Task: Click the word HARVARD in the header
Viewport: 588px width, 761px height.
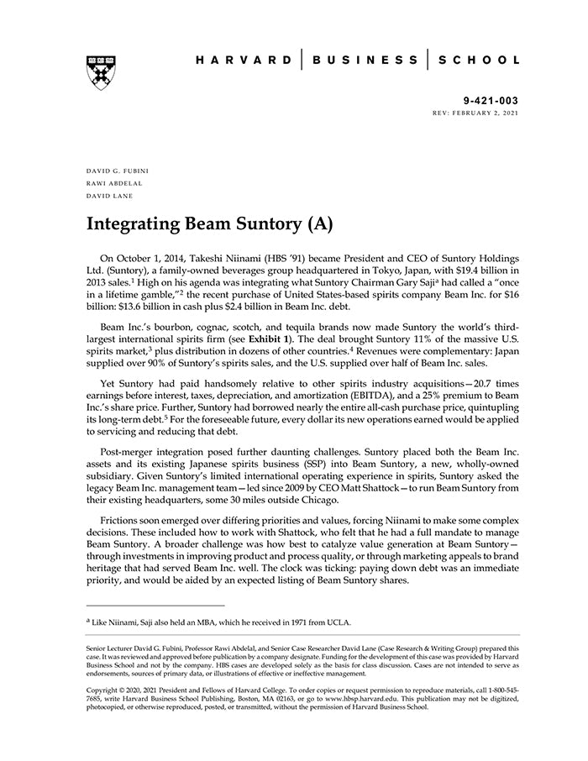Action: [243, 60]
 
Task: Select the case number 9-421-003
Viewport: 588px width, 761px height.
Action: [491, 99]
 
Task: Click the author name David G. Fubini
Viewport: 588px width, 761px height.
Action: [117, 171]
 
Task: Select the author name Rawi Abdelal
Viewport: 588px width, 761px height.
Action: [113, 182]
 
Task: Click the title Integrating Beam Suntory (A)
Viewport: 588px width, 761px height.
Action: [210, 224]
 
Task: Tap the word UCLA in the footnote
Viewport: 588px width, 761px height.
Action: [339, 622]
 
